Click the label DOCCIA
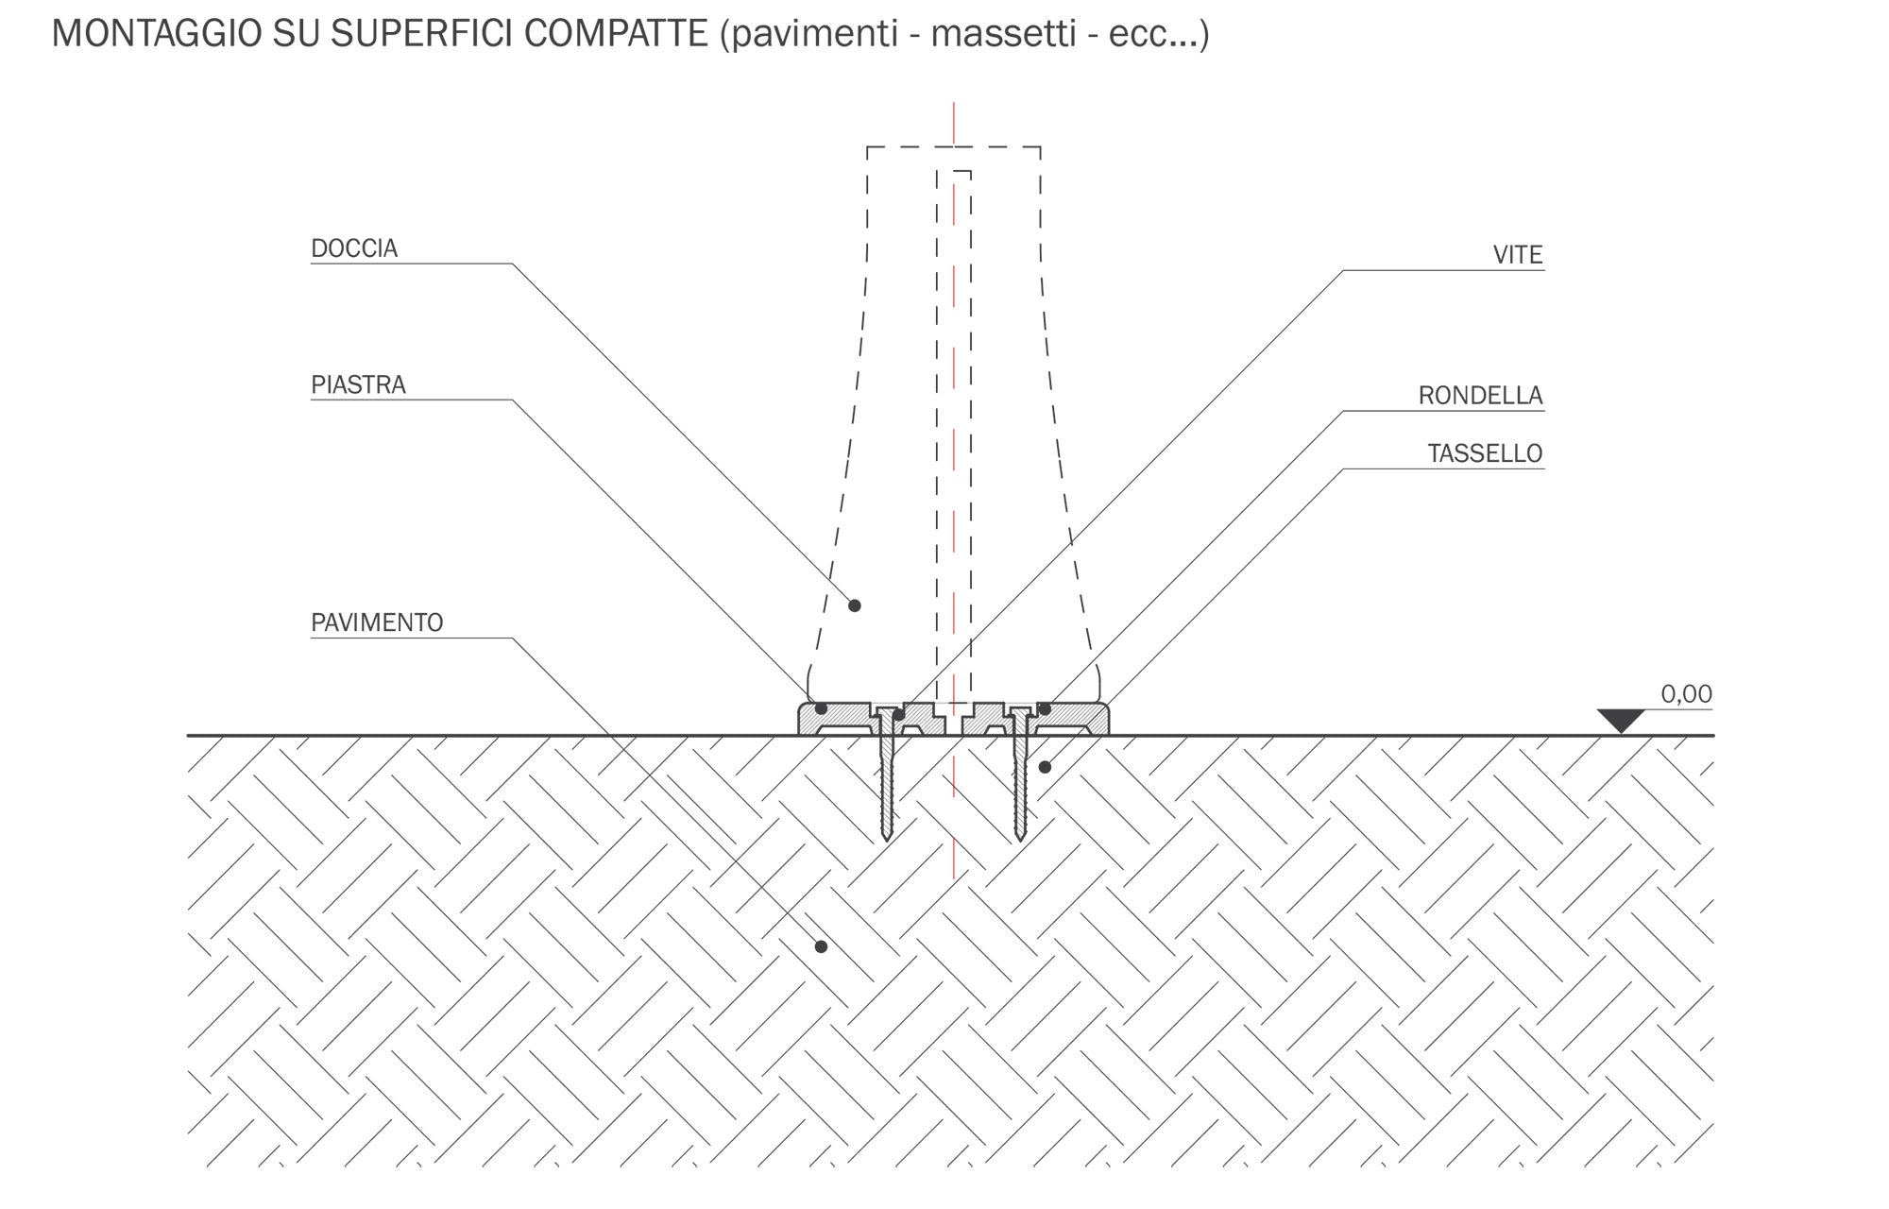tap(354, 248)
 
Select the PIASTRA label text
tap(358, 385)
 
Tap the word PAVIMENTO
tap(377, 623)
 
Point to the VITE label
tap(1517, 255)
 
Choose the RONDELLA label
tap(1480, 396)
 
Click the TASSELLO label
tap(1485, 454)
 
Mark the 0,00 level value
tap(1686, 694)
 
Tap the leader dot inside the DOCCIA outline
tap(855, 605)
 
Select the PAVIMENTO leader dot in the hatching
tap(821, 946)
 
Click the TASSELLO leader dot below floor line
tap(1045, 767)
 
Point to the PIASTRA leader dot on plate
tap(821, 708)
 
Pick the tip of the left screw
tap(887, 838)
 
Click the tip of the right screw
tap(1020, 838)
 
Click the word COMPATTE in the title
tap(615, 35)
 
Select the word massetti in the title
tap(1002, 35)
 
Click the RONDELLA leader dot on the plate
tap(1045, 708)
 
